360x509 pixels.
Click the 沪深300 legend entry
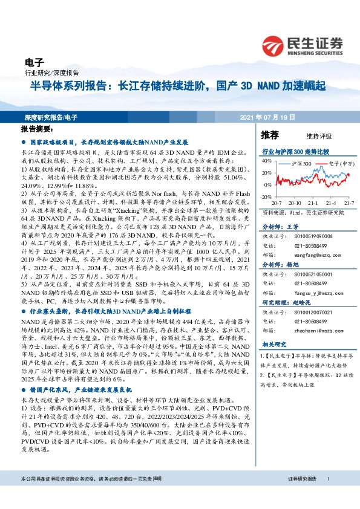click(x=301, y=164)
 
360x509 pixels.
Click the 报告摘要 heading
click(x=38, y=129)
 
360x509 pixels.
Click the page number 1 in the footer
click(x=328, y=496)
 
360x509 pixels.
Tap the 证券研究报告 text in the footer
click(x=301, y=496)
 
